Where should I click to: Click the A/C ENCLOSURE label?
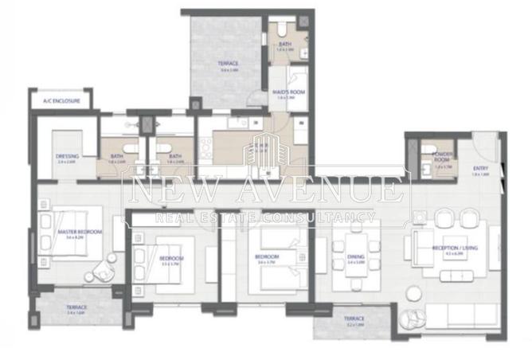pos(61,102)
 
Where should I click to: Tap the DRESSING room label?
pos(66,156)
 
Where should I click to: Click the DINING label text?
pos(355,257)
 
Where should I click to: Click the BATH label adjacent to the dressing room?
pos(117,156)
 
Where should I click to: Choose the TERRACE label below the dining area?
pos(355,318)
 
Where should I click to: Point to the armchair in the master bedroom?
pos(103,272)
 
